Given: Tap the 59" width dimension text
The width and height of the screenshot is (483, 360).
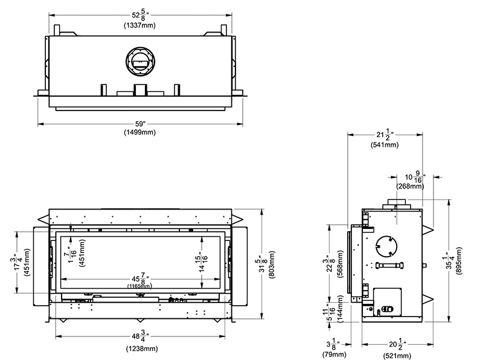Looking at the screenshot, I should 140,124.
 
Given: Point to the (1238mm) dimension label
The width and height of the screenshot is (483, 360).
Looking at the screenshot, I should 142,349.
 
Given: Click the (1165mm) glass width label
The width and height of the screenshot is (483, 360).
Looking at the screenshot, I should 139,286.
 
